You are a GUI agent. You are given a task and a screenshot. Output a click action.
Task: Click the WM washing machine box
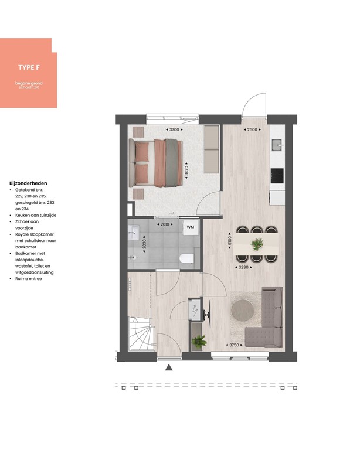pos(191,227)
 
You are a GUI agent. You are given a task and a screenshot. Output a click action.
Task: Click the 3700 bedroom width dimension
pos(174,129)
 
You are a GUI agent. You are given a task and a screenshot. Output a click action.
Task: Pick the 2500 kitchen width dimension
pos(253,129)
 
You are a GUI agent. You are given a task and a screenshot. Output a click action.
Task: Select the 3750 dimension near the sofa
pos(236,345)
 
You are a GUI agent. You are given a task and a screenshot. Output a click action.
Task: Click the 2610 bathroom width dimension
pos(165,224)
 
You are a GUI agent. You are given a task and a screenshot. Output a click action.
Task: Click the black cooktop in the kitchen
pos(277,175)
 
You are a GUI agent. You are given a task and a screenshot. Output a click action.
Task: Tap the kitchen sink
pos(277,144)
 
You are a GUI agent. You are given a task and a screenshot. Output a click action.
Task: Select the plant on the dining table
pos(257,244)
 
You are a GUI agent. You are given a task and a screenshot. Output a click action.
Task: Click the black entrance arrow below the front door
pos(169,368)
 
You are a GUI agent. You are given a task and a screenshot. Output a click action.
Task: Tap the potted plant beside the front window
pos(199,340)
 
